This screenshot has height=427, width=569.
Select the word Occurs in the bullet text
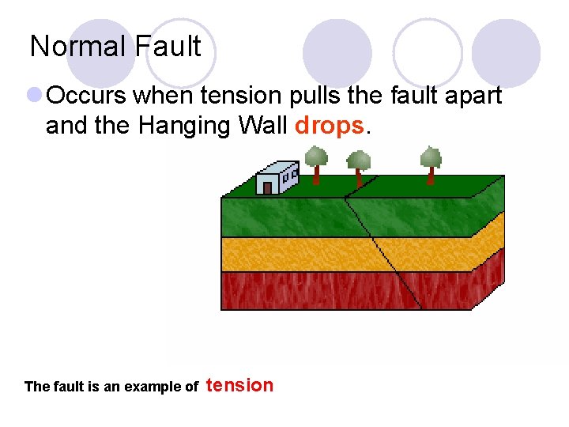point(86,96)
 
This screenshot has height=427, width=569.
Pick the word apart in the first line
point(470,96)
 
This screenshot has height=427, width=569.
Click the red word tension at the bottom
point(239,385)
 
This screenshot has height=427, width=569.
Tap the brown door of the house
point(268,187)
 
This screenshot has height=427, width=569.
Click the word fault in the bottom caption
point(65,387)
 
